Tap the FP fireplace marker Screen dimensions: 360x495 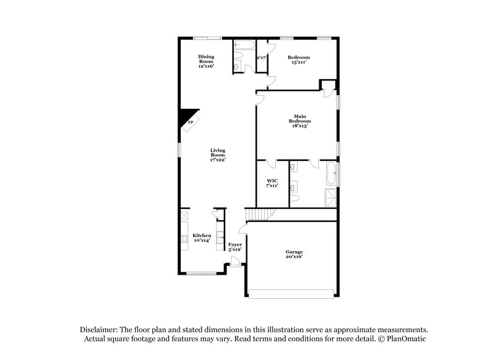point(191,122)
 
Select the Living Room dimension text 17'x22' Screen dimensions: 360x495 point(217,160)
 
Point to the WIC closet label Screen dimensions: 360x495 point(272,181)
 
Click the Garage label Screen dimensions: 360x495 point(294,252)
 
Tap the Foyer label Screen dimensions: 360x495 point(235,244)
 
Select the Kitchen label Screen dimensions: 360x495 point(202,236)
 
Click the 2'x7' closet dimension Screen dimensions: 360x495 point(261,58)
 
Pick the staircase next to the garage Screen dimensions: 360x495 point(259,215)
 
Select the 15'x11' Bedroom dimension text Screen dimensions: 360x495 point(298,62)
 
